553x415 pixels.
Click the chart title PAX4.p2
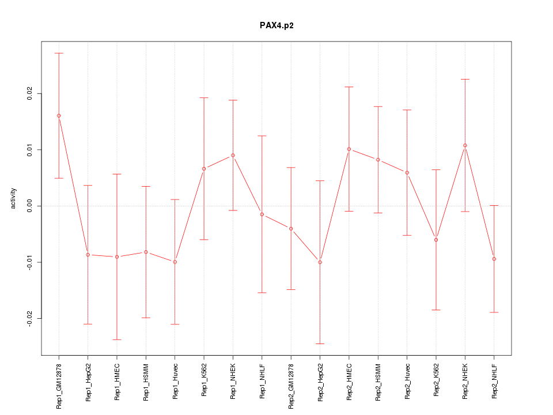276,25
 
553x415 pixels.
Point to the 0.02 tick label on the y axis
30,93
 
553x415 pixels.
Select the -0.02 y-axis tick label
30,318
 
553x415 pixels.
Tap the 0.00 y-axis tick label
30,206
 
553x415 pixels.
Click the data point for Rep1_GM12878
59,116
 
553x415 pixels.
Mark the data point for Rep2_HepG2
320,262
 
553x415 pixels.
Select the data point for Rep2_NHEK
465,145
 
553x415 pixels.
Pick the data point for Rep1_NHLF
262,214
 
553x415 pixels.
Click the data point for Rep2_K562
436,240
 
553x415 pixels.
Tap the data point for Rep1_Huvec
175,262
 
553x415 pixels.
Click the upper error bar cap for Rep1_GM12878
59,53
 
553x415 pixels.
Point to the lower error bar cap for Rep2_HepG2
320,344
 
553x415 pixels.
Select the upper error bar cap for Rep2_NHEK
465,79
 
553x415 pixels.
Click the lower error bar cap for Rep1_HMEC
117,339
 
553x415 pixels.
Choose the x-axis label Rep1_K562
204,382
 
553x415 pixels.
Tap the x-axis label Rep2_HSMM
378,382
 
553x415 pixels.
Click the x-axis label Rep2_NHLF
494,381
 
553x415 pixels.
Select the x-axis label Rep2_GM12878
291,386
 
